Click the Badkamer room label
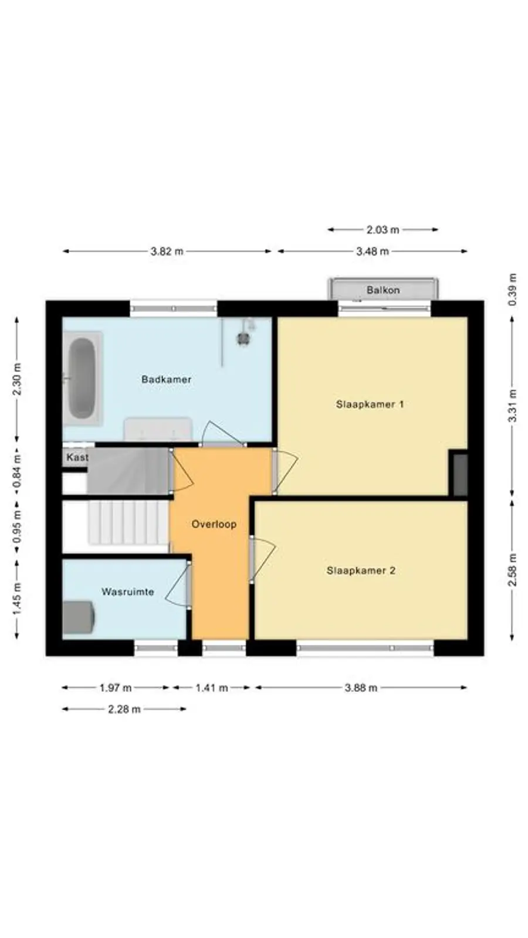166,379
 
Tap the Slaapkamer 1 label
370,404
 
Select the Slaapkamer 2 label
361,570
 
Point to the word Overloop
214,524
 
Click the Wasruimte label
127,592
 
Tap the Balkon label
383,290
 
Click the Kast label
77,457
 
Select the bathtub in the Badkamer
82,379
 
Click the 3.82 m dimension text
167,252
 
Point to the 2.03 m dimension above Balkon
383,230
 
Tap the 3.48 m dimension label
372,252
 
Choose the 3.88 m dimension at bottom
360,688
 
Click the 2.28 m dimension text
124,709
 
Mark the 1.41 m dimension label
211,688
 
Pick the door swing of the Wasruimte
177,585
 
